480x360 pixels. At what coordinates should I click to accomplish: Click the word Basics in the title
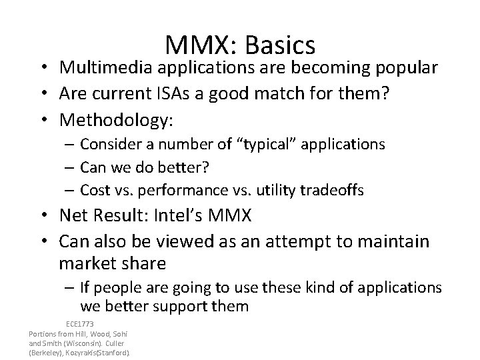tap(281, 45)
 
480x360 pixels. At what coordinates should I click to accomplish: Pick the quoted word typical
tap(216, 145)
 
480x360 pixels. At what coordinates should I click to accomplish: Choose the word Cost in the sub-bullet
tap(93, 190)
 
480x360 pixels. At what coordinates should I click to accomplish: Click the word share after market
tap(142, 263)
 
